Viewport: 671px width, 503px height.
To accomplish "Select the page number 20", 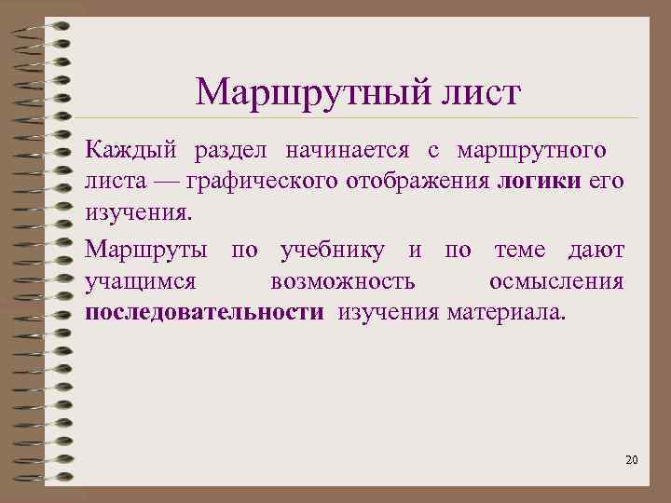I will point(632,460).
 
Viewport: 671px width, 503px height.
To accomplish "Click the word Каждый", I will point(130,151).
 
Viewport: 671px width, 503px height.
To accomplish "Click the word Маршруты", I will point(144,250).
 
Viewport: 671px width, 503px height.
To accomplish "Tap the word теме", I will point(525,250).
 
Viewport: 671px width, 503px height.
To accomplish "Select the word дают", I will point(597,250).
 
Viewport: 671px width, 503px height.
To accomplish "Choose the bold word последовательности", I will point(205,311).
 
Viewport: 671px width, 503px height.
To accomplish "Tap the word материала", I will point(504,311).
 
